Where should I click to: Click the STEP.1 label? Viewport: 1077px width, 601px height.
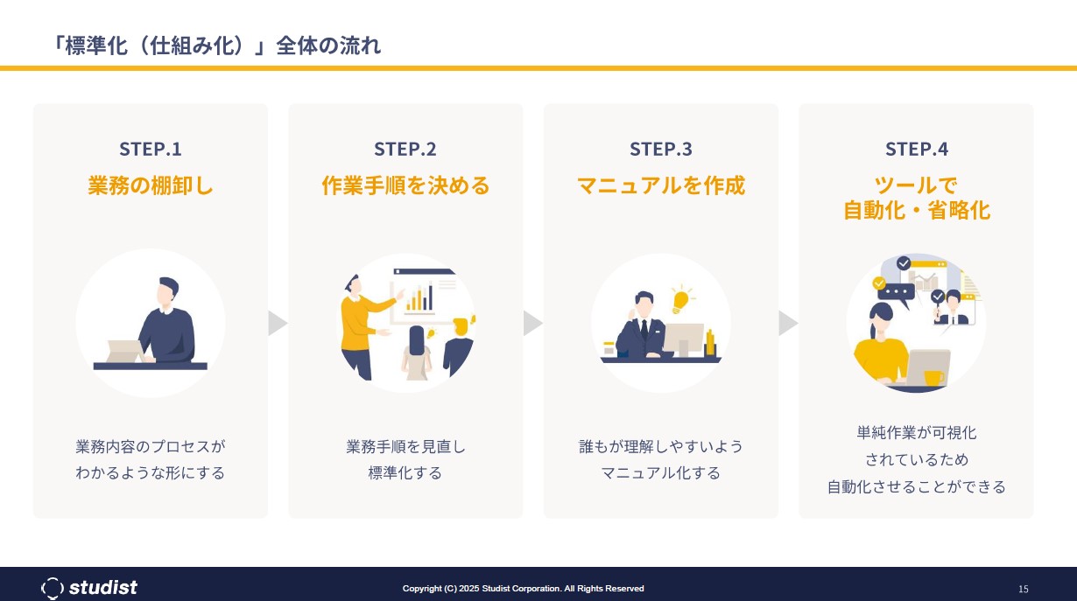coord(151,149)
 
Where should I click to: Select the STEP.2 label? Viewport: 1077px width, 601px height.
coord(405,149)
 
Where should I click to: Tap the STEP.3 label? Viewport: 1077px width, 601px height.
coord(661,149)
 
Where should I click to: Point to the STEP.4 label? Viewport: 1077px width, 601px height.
coord(917,149)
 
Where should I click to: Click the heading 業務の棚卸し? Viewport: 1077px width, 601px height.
coord(151,185)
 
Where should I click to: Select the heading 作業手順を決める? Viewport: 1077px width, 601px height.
coord(405,185)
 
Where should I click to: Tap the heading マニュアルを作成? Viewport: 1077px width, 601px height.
coord(661,185)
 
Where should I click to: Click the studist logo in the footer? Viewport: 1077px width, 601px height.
coord(89,587)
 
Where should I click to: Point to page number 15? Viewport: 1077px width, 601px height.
coord(1023,589)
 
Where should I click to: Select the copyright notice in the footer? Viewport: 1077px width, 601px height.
coord(523,589)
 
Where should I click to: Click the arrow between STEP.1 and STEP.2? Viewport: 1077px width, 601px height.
coord(278,323)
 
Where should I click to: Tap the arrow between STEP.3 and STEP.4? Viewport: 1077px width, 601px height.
coord(788,323)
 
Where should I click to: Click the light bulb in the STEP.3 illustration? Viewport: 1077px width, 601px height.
coord(680,299)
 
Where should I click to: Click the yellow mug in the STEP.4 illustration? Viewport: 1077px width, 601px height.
coord(933,378)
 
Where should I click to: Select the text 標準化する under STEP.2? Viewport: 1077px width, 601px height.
coord(405,473)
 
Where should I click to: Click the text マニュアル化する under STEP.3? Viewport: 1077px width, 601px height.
coord(661,473)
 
